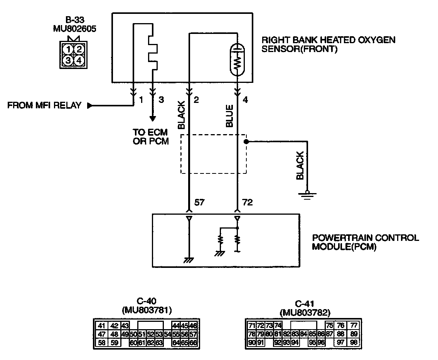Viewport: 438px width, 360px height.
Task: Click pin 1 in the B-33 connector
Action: (x=68, y=49)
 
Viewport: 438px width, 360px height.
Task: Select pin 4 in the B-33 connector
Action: (x=78, y=60)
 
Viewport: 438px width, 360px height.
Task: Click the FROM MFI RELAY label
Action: (x=44, y=105)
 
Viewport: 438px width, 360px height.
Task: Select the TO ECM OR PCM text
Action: (x=151, y=137)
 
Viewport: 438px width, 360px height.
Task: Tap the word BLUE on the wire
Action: (x=229, y=116)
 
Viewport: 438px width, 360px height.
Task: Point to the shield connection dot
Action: (x=246, y=141)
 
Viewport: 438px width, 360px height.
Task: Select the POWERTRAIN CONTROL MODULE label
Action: (x=365, y=242)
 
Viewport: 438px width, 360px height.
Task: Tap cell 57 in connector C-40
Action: (x=194, y=334)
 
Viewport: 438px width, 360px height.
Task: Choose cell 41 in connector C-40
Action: (x=101, y=325)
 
